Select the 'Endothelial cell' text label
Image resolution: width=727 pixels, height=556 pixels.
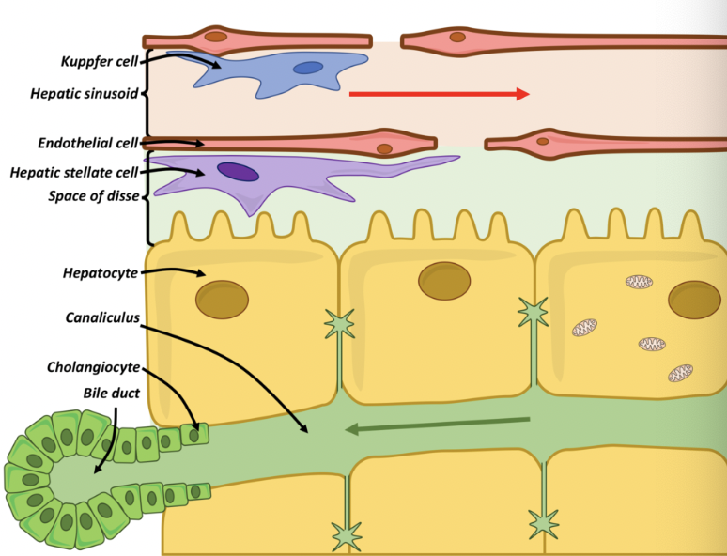87,144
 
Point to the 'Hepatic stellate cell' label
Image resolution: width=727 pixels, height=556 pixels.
73,172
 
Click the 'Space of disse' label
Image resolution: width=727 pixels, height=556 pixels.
93,196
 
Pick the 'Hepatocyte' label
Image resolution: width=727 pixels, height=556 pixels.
100,272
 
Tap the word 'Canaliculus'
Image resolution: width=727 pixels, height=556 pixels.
101,317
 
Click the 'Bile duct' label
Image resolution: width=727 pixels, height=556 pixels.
110,393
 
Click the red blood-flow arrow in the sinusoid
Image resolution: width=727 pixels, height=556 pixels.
439,94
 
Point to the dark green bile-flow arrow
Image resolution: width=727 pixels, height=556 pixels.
438,425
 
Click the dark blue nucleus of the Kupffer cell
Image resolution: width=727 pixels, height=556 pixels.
307,68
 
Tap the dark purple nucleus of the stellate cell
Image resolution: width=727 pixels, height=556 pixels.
238,172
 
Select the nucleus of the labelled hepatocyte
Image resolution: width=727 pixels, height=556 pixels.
222,300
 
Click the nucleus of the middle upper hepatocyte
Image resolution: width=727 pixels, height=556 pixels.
444,281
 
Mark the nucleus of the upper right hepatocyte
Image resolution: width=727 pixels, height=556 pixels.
694,300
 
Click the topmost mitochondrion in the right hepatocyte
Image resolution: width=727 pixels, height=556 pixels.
640,282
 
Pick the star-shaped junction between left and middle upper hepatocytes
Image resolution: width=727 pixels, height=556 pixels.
339,324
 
